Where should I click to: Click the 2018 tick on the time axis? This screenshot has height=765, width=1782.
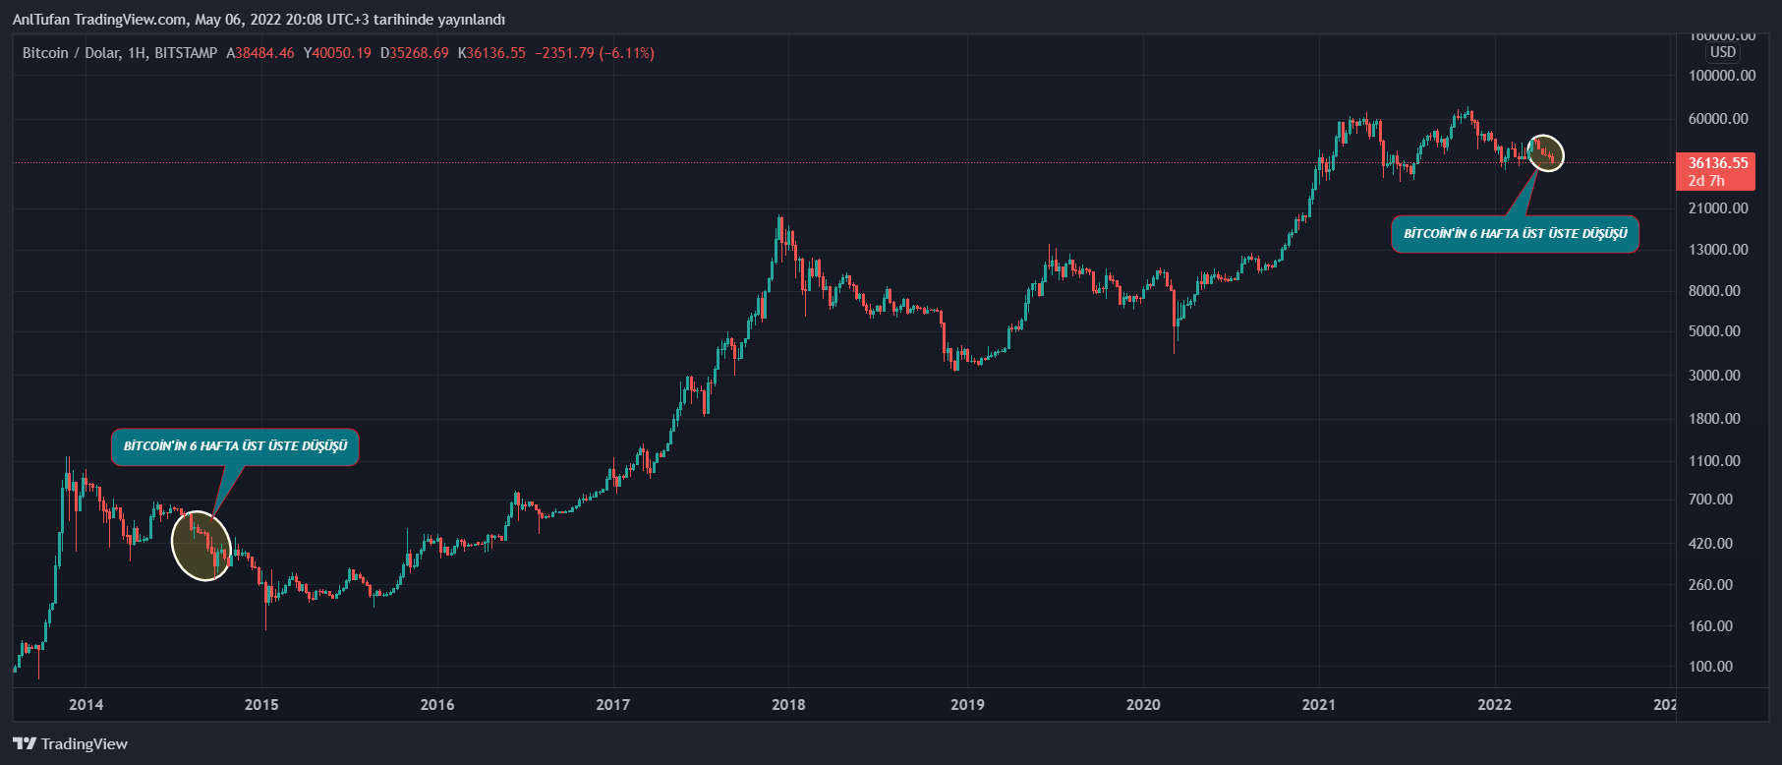(788, 704)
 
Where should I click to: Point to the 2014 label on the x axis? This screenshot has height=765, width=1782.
(86, 704)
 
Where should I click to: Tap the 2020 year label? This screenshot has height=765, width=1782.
(1142, 704)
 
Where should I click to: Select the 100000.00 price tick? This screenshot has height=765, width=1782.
(1721, 76)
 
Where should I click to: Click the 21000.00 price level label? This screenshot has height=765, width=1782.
(1718, 208)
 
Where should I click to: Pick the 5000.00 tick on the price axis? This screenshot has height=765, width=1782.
(1714, 331)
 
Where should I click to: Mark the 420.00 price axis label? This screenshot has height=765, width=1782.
(1710, 543)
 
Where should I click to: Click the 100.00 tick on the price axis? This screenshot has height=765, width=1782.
(1710, 666)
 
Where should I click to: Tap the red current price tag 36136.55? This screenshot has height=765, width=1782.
(1717, 171)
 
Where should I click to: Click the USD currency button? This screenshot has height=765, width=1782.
(1722, 52)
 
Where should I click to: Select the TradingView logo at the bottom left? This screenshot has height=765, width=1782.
(70, 743)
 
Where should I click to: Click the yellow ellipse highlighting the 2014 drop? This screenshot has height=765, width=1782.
(201, 546)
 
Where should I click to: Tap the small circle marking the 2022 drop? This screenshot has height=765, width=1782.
(1546, 153)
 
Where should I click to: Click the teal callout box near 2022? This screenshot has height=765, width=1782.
(1515, 234)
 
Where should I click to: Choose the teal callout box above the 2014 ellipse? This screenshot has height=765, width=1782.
(235, 446)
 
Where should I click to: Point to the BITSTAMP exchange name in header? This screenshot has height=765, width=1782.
(186, 53)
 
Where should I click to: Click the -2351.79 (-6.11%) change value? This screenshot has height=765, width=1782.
(595, 53)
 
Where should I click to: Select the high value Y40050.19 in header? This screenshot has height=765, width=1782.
(337, 53)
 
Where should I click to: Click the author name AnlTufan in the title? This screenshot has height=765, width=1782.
(41, 20)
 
